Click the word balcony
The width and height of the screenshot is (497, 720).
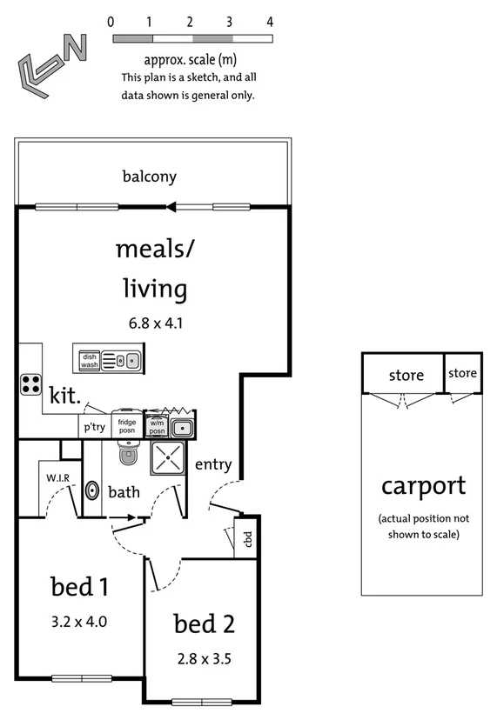coord(149,177)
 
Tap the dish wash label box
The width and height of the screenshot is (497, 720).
coord(89,360)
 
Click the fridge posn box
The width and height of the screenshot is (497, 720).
coord(126,425)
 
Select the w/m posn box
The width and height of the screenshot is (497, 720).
coord(158,427)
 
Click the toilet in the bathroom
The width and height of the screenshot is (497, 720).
coord(128,453)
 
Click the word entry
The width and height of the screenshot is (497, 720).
coord(213,464)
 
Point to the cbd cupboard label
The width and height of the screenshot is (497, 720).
coord(248,539)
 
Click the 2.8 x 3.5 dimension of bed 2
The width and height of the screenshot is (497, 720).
coord(203,658)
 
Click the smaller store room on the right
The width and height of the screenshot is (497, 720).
coord(463,374)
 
